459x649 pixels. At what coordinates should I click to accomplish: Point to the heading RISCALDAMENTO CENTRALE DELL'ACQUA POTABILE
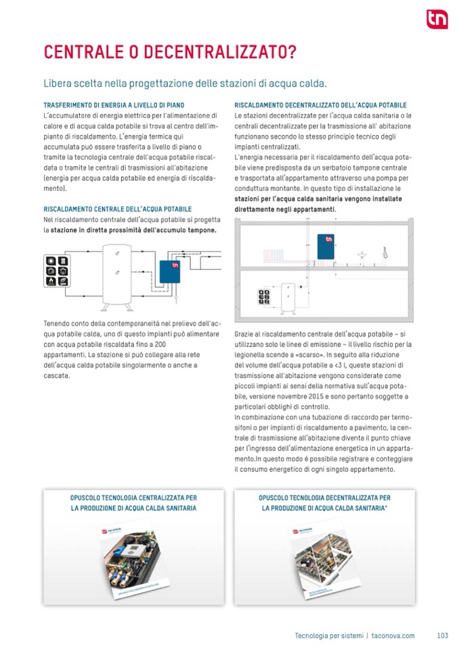[117, 209]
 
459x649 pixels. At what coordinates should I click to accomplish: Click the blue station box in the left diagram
[167, 272]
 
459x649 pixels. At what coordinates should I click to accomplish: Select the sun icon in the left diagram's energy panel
[51, 261]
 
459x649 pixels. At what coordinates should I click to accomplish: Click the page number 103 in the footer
[443, 635]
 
